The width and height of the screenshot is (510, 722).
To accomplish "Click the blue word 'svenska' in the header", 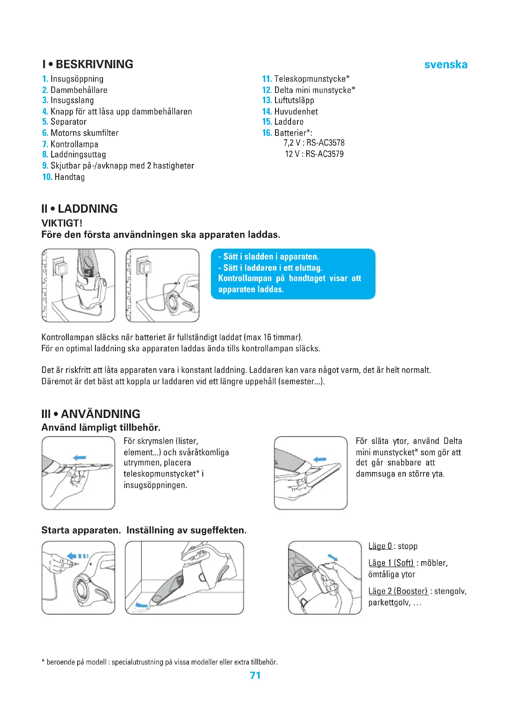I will (445, 65).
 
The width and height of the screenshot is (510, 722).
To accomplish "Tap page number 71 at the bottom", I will (255, 675).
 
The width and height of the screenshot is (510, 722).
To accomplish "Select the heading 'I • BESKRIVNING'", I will (88, 64).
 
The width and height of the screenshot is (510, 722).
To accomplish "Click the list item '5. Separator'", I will (64, 122).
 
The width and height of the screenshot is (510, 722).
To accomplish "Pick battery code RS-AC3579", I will (324, 154).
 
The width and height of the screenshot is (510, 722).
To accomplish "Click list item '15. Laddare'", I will (283, 122).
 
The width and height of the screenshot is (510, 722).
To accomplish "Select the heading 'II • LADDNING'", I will (80, 208).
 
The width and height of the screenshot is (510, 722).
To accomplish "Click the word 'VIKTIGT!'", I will (62, 223).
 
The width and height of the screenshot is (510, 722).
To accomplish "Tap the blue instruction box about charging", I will (293, 273).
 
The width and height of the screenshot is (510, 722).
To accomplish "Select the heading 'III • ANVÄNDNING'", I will (91, 414).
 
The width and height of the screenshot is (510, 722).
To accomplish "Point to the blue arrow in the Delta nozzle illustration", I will (320, 459).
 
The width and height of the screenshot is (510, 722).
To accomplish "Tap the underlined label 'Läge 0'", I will (380, 546).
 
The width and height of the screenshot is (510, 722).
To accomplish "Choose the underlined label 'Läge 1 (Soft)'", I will (391, 563).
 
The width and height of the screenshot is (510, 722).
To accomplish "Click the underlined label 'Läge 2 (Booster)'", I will (398, 591).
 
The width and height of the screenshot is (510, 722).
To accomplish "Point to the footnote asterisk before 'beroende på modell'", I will (43, 661).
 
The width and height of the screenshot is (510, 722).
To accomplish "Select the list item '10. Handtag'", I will (64, 177).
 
